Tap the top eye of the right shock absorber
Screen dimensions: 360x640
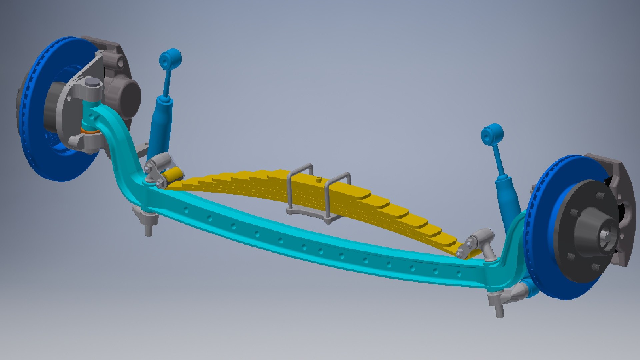492,133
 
